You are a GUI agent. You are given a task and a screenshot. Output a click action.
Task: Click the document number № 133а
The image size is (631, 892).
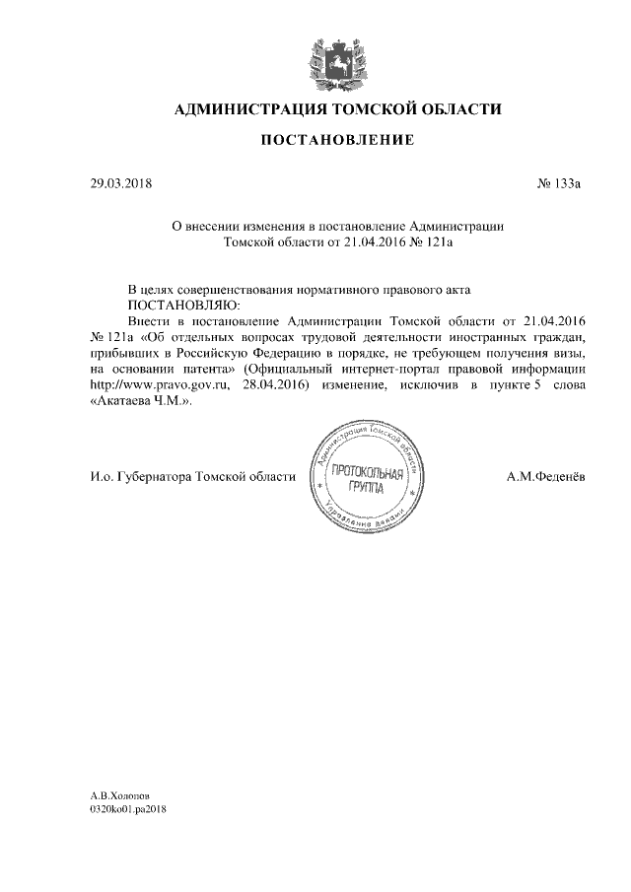click(560, 183)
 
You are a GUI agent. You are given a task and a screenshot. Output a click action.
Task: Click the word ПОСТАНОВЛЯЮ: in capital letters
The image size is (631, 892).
click(177, 306)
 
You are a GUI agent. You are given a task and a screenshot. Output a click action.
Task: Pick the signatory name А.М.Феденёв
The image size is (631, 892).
click(544, 477)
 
